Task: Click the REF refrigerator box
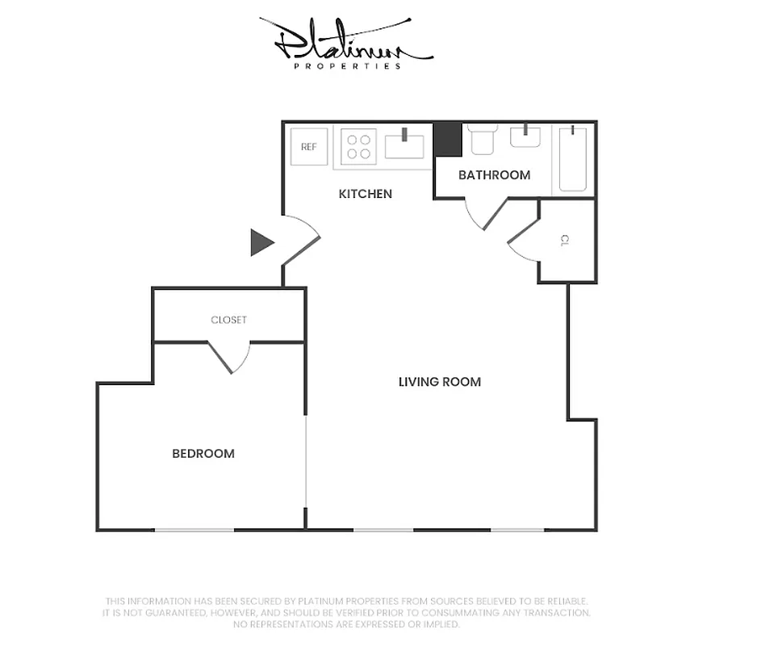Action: click(308, 147)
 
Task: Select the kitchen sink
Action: click(404, 146)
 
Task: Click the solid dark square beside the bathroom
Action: click(447, 139)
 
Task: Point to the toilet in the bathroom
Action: click(482, 140)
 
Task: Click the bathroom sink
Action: click(526, 137)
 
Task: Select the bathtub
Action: click(573, 157)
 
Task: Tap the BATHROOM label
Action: click(494, 175)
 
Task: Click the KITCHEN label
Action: click(365, 194)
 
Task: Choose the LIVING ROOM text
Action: click(439, 382)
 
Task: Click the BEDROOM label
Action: click(203, 454)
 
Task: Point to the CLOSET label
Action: click(228, 320)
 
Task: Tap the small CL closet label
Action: click(565, 240)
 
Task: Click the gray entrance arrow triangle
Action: click(261, 242)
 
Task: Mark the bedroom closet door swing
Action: click(231, 357)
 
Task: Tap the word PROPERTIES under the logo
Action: click(347, 66)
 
